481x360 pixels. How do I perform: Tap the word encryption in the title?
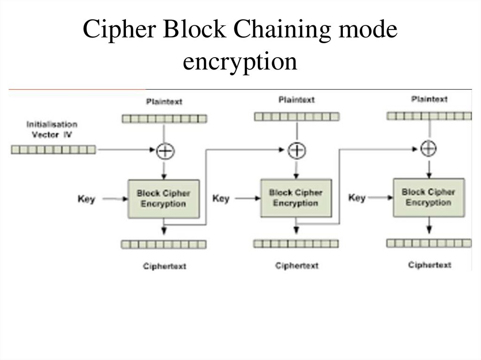pyautogui.click(x=240, y=61)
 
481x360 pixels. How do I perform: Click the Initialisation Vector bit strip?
pyautogui.click(x=53, y=150)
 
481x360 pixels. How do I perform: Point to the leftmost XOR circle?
pyautogui.click(x=164, y=150)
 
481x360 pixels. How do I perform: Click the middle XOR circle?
pyautogui.click(x=296, y=150)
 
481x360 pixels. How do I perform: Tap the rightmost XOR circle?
pyautogui.click(x=428, y=149)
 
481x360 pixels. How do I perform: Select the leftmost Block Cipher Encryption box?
pyautogui.click(x=164, y=198)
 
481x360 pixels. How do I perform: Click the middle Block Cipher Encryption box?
pyautogui.click(x=296, y=198)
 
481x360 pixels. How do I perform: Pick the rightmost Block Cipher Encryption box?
pyautogui.click(x=428, y=197)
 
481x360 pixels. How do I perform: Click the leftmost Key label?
pyautogui.click(x=86, y=199)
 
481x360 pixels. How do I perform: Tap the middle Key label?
pyautogui.click(x=221, y=199)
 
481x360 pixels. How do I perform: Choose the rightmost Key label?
pyautogui.click(x=357, y=198)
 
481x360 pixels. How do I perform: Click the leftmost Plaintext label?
pyautogui.click(x=164, y=101)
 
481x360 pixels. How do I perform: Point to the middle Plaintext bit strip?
pyautogui.click(x=296, y=116)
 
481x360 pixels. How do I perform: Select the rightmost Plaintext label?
pyautogui.click(x=429, y=99)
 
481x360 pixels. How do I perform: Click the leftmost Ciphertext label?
pyautogui.click(x=164, y=266)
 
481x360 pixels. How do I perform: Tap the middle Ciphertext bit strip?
pyautogui.click(x=296, y=244)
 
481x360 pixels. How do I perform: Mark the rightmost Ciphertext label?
pyautogui.click(x=430, y=265)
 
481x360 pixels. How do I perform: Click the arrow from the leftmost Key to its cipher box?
pyautogui.click(x=115, y=199)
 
